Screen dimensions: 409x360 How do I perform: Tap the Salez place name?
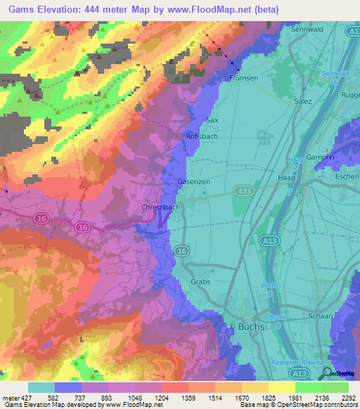302,101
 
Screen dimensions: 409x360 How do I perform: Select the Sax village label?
212,120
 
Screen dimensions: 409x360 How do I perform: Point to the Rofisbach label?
202,136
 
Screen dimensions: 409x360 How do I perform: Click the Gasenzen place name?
193,181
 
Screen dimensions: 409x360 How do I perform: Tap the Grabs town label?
201,282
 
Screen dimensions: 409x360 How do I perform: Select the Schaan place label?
320,316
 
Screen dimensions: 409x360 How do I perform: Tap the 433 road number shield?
244,190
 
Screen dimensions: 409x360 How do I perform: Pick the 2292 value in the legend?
347,397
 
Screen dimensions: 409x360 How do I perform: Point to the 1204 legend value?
161,397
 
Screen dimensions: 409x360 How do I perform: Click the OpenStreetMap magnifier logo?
327,373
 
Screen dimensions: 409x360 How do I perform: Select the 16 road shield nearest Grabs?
181,251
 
